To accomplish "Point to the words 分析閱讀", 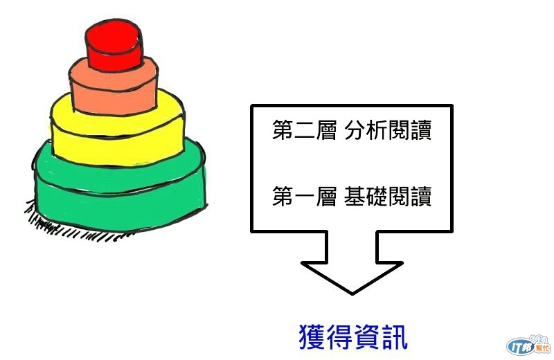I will pos(388,132).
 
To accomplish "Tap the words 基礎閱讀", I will pos(388,197).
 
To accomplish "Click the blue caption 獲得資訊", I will pos(353,337).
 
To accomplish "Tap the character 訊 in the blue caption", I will pos(395,337).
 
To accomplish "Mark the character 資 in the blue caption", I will pos(367,337).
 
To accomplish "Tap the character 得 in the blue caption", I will pos(339,337).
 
